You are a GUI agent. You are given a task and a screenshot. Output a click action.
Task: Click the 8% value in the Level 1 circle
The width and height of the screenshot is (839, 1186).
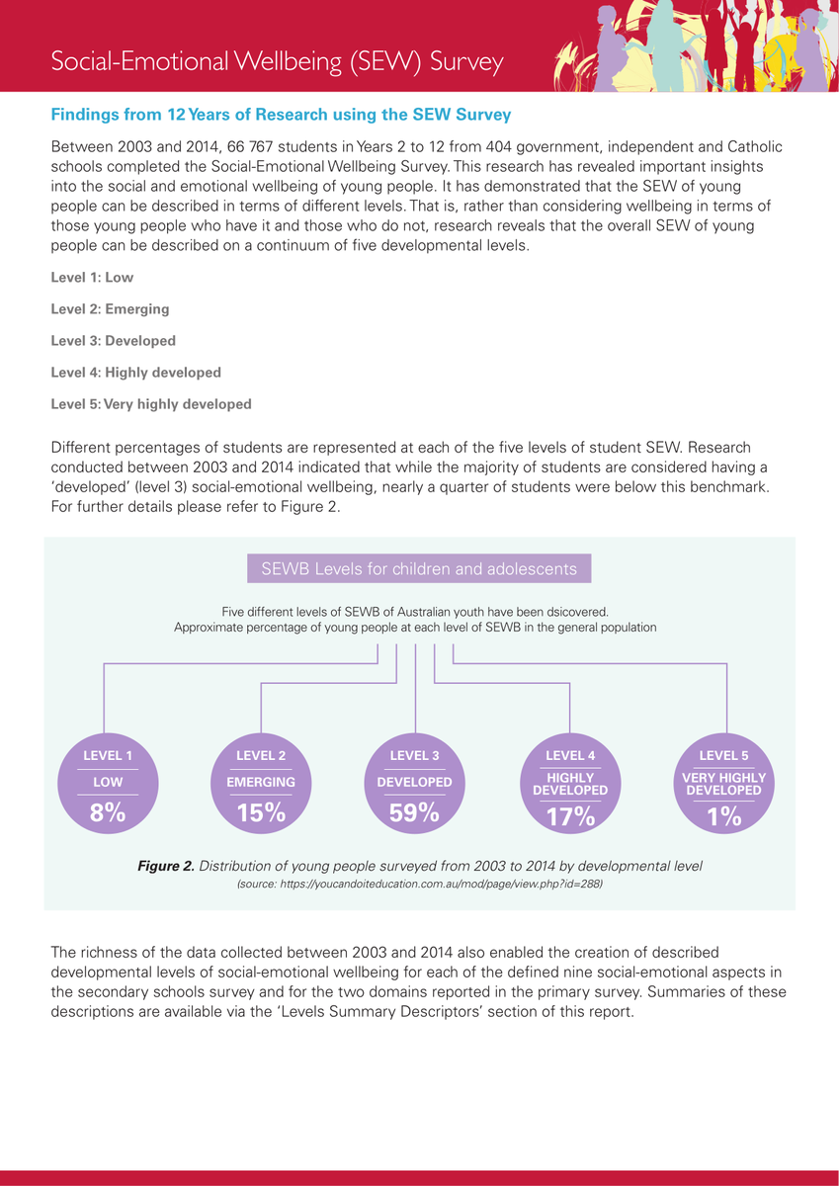107,813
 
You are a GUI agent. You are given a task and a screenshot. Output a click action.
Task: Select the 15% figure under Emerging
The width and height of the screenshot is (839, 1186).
261,813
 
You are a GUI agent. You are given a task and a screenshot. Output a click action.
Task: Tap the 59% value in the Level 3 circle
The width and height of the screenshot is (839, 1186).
415,812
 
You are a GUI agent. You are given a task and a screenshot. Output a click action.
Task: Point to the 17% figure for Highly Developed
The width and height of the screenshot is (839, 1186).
570,816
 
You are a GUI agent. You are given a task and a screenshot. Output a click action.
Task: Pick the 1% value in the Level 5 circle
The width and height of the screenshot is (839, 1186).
724,815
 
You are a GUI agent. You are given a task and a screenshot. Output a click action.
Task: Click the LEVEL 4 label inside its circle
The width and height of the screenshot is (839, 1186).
570,756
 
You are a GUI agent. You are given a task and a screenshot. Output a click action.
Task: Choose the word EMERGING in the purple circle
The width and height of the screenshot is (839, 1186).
261,782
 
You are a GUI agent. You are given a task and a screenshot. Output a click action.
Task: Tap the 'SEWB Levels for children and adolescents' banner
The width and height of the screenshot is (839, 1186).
419,569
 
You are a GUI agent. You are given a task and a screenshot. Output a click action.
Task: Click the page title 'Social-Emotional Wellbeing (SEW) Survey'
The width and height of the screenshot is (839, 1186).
278,61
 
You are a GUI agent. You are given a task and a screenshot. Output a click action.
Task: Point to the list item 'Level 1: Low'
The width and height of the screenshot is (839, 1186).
92,278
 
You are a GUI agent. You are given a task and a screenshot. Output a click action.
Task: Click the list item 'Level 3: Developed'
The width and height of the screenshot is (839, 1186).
113,341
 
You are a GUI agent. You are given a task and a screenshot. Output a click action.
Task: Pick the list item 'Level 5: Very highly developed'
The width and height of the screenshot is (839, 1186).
151,404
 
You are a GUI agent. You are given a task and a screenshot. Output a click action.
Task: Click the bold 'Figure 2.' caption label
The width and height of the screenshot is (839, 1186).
165,866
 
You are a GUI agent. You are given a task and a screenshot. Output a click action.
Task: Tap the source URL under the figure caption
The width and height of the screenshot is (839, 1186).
419,885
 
